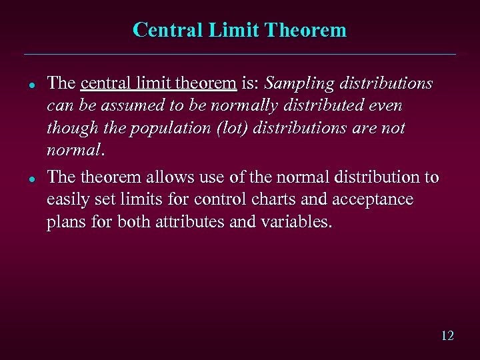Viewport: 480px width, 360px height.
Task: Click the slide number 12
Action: click(447, 335)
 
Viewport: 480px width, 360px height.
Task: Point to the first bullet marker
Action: click(31, 85)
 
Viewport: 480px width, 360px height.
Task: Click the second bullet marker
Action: click(31, 179)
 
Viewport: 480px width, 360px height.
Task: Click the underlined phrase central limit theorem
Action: click(159, 84)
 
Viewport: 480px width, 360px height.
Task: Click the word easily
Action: click(69, 199)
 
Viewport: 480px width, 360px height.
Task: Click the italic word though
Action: click(70, 128)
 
